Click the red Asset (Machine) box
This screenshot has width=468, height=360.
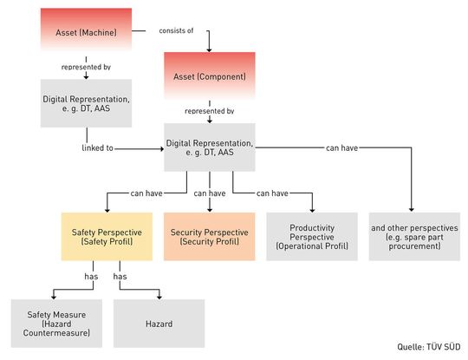tap(86, 33)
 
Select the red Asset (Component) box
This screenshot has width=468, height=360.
tap(210, 76)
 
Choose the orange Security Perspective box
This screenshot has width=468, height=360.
tap(210, 237)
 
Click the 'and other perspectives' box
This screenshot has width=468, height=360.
tap(411, 237)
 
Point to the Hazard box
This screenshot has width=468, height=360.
tap(159, 323)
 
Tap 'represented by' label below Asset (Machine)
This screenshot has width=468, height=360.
tap(86, 66)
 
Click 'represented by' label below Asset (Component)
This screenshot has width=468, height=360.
tap(210, 111)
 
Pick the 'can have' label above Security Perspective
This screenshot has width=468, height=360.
tap(210, 193)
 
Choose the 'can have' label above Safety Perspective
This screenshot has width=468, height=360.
tap(144, 193)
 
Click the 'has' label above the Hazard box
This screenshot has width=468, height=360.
tap(120, 277)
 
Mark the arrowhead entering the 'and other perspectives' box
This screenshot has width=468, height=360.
tap(411, 210)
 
